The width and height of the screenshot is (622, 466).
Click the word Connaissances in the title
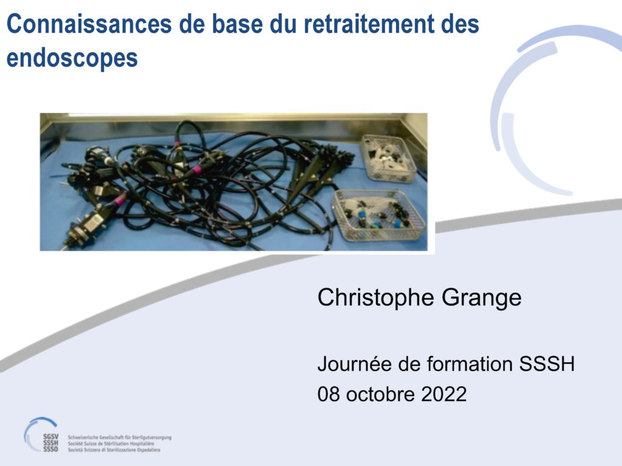(89, 24)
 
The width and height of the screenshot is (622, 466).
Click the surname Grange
(482, 299)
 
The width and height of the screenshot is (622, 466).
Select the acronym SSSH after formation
(547, 364)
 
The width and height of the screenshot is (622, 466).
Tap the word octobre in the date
(380, 394)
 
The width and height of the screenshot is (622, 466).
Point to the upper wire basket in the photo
(389, 158)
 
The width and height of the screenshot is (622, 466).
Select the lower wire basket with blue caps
(378, 215)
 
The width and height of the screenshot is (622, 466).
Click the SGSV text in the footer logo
(51, 436)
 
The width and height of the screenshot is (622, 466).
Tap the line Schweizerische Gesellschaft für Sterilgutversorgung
(120, 437)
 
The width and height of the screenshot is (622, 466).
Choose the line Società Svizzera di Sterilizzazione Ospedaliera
(114, 450)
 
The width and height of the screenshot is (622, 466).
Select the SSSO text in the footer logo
(51, 449)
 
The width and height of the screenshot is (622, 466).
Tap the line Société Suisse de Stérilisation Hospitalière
(111, 444)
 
